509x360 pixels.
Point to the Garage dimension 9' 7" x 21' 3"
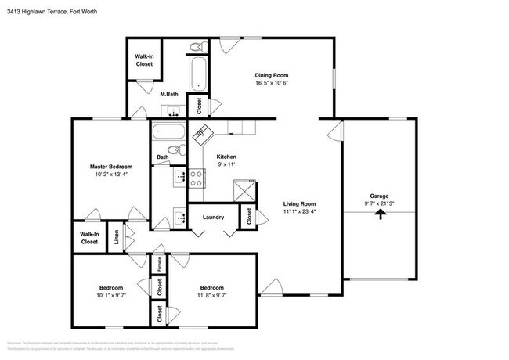379,203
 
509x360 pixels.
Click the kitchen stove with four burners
196,179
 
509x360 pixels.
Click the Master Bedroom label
110,167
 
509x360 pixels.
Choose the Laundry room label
213,217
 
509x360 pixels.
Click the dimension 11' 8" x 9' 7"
212,296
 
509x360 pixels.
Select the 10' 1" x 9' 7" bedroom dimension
110,296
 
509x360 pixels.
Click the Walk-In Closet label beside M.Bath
144,60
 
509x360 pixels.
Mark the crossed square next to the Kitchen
243,189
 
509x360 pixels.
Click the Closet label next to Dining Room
199,106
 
